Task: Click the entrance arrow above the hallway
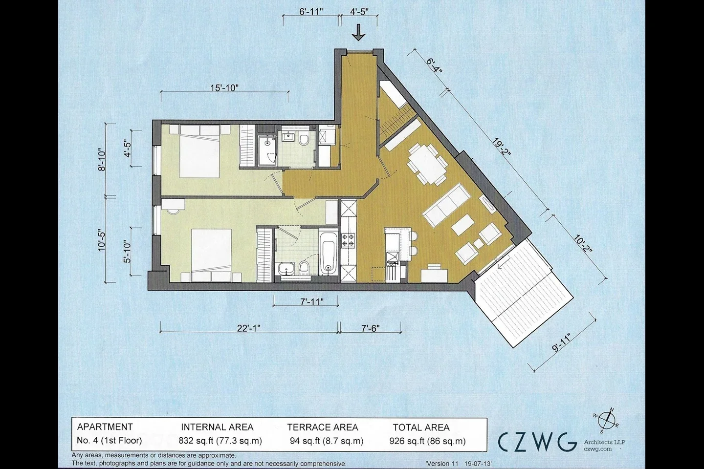(358, 33)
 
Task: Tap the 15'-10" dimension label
(224, 87)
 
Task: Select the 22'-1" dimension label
(248, 328)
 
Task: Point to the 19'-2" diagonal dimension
(501, 150)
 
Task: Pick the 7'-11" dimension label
(311, 302)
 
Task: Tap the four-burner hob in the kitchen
(348, 240)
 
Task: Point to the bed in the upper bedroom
(199, 152)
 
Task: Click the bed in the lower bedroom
(211, 255)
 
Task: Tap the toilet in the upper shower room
(304, 139)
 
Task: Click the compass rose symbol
(605, 421)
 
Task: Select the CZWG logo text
(537, 442)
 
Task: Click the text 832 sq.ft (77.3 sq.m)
(220, 441)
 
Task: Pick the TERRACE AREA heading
(323, 427)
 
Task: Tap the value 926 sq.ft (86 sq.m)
(427, 441)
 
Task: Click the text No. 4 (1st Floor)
(110, 440)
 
